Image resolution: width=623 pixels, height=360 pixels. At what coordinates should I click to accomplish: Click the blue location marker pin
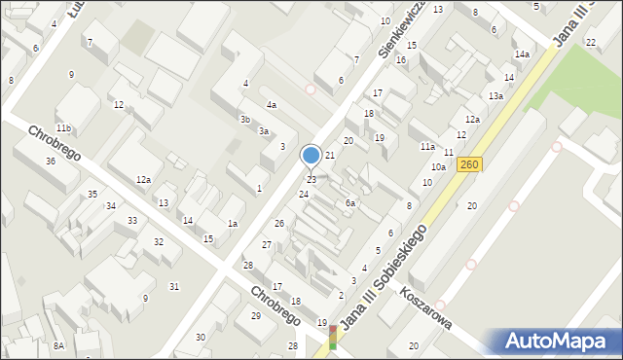[311, 156]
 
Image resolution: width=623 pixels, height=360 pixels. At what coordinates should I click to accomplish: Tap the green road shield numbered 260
[470, 166]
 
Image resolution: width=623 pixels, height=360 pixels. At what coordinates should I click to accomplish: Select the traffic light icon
[335, 338]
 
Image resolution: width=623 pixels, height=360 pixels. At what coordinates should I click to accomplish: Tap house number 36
[51, 161]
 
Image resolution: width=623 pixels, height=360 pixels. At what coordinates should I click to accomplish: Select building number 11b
[63, 128]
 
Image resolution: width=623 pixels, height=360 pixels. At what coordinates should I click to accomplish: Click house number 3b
[245, 120]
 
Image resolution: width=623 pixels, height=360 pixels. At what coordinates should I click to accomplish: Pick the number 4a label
[273, 105]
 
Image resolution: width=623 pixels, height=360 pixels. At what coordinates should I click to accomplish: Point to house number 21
[330, 156]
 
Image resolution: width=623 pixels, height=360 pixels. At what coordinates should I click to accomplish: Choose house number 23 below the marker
[311, 180]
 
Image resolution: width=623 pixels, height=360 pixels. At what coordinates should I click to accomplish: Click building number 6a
[350, 203]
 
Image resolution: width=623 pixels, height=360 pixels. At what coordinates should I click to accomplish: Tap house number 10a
[439, 167]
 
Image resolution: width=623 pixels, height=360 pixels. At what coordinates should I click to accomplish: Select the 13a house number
[495, 96]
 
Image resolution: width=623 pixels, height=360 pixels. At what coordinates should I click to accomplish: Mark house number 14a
[522, 54]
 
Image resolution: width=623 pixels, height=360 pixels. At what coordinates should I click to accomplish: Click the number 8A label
[58, 345]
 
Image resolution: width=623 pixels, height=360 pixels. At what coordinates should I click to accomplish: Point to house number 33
[131, 221]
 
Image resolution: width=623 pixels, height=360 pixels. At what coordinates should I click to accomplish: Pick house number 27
[267, 245]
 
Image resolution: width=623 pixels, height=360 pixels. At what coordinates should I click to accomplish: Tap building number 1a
[233, 224]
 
